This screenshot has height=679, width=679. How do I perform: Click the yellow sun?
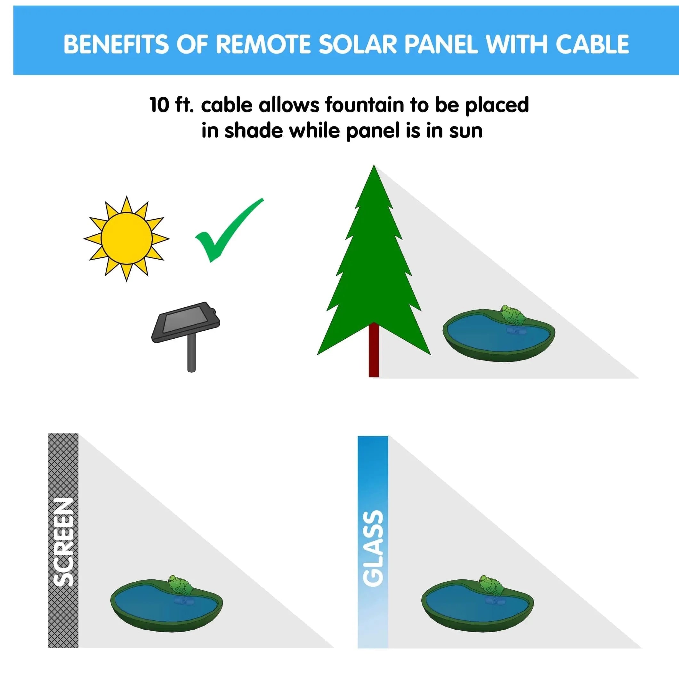pos(126,238)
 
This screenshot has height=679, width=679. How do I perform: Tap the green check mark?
pos(229,230)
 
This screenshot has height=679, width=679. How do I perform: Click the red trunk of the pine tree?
pos(374,350)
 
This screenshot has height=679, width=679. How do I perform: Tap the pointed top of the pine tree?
pos(374,165)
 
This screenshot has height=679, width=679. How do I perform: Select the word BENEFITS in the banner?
pos(116,44)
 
